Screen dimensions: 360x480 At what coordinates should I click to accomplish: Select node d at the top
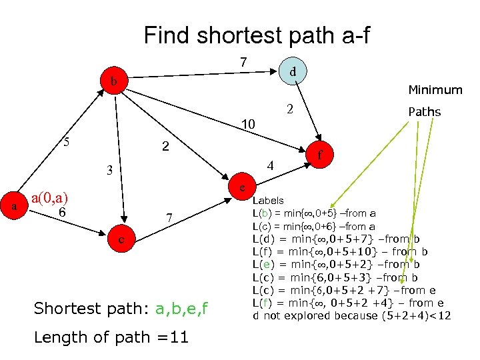pyautogui.click(x=291, y=69)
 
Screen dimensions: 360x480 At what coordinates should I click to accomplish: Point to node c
pyautogui.click(x=121, y=238)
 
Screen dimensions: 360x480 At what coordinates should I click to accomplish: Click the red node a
pyautogui.click(x=14, y=207)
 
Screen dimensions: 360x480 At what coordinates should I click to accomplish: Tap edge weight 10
pyautogui.click(x=248, y=124)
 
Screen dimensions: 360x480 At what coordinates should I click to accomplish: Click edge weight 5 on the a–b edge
pyautogui.click(x=65, y=141)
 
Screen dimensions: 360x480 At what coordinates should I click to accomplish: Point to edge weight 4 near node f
pyautogui.click(x=271, y=165)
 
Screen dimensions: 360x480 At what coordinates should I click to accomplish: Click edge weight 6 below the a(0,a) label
pyautogui.click(x=61, y=212)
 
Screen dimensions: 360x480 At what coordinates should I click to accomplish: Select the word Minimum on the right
pyautogui.click(x=435, y=89)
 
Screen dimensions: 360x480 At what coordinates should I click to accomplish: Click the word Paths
pyautogui.click(x=425, y=111)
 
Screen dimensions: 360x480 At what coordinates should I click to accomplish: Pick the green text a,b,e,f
pyautogui.click(x=181, y=308)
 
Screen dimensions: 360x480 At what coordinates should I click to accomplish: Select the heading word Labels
pyautogui.click(x=268, y=200)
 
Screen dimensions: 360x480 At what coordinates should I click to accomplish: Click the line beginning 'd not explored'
pyautogui.click(x=352, y=315)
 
